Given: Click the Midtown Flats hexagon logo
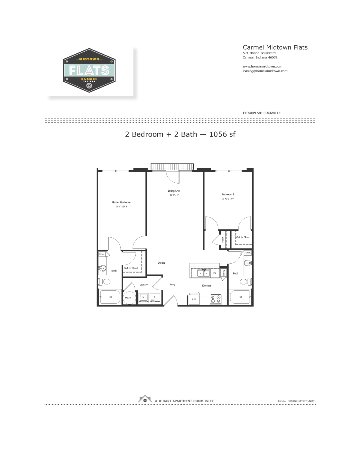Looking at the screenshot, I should [89, 70].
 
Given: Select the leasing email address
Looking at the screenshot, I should [265, 71].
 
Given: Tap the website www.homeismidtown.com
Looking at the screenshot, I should [262, 67].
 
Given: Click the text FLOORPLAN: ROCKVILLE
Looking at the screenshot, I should [262, 113].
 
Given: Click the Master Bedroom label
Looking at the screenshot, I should [121, 202].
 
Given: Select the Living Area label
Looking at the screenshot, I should [174, 191].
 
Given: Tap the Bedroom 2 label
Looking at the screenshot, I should [228, 194].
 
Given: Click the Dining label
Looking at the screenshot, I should [161, 263].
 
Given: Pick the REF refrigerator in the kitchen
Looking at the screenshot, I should [194, 299].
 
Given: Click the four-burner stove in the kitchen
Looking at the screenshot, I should [215, 299].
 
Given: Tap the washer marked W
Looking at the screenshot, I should [143, 298].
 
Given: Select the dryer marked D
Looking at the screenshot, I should [155, 298].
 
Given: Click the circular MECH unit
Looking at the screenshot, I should [129, 298].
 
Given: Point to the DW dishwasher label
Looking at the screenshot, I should [214, 273].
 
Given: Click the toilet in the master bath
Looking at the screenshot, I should [105, 282].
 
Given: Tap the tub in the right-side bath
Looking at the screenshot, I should [240, 297].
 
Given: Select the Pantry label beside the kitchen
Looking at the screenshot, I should [224, 273].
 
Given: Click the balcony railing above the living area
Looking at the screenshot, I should [172, 166].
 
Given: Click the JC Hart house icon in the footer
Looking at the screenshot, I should [145, 399].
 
